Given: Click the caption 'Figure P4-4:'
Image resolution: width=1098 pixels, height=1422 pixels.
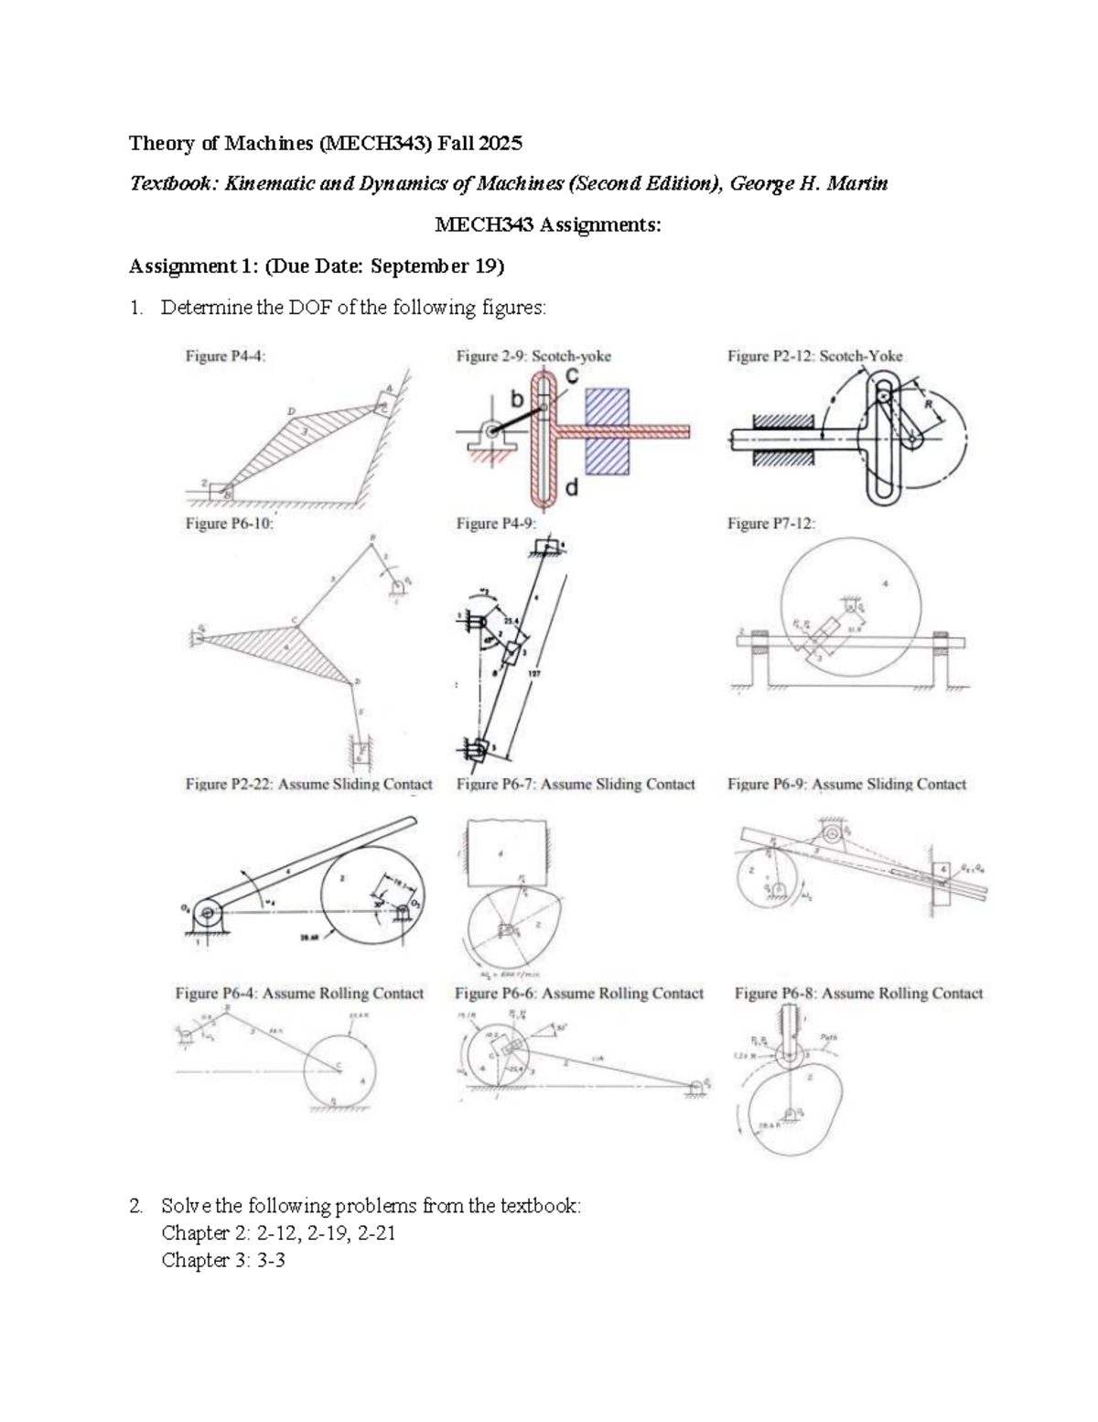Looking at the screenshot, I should (226, 356).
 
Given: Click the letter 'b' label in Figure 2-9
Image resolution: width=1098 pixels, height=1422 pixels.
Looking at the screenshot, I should (517, 400).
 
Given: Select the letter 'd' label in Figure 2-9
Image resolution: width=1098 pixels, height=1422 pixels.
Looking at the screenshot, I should (572, 488).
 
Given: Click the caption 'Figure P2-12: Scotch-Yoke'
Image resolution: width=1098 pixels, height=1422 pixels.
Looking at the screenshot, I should (814, 356).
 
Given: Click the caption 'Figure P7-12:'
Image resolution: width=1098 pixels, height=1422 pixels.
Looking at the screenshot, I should (770, 524).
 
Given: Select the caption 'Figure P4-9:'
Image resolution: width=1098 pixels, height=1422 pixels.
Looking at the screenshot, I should (496, 524).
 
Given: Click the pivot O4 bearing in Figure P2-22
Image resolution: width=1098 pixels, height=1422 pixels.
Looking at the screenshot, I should (208, 912).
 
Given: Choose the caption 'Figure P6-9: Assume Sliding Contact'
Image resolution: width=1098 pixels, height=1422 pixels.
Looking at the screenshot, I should (846, 785).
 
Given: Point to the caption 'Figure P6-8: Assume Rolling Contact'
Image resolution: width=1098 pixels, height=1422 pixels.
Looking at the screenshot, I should (858, 993).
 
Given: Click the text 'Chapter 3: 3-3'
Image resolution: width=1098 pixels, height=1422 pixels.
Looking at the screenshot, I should (223, 1260).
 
